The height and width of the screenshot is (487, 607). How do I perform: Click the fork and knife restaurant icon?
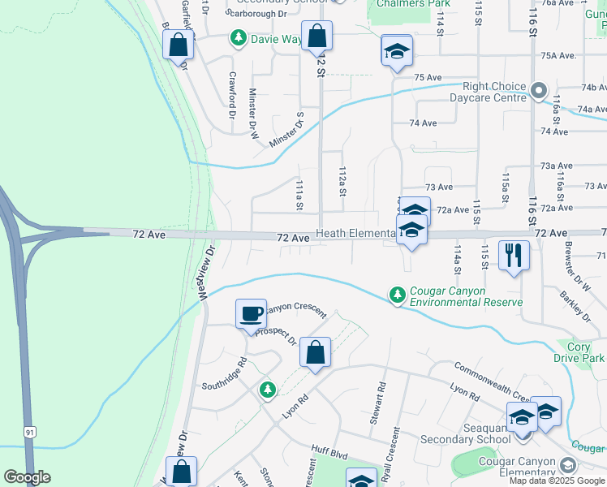(514, 255)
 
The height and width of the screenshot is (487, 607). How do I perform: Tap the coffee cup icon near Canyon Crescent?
(251, 313)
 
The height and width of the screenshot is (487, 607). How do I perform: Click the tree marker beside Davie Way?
(238, 37)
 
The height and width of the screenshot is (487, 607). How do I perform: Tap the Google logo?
(27, 477)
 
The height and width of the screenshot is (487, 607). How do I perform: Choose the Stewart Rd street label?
(379, 404)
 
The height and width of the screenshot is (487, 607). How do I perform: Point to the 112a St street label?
(342, 182)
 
